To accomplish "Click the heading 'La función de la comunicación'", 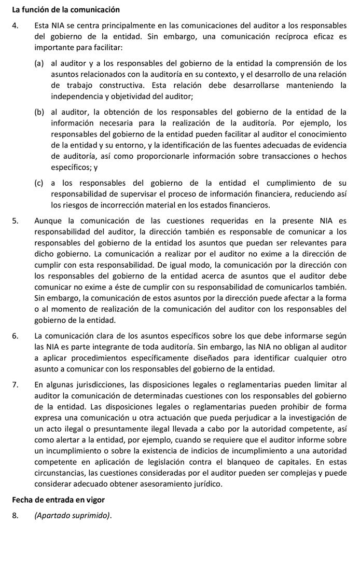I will click(x=66, y=9).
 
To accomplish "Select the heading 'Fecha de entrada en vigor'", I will click(x=58, y=500).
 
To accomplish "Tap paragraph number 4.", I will click(x=16, y=25).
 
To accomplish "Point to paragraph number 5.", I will click(x=16, y=221).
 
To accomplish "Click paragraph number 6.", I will click(x=16, y=336).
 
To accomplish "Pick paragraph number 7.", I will click(x=16, y=384).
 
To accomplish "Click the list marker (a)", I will click(x=39, y=63).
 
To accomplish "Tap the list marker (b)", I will click(x=39, y=112).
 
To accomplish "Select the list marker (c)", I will click(x=39, y=183).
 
